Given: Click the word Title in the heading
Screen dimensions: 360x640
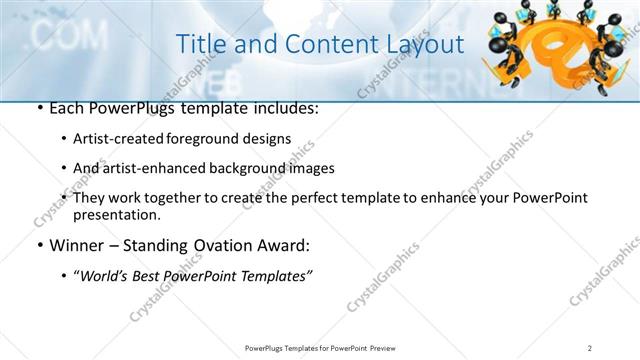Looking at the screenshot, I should click(x=198, y=44).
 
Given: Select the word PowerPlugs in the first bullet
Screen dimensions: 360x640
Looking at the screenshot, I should click(x=127, y=107).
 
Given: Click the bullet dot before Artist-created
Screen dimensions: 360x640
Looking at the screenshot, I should click(x=64, y=140).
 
